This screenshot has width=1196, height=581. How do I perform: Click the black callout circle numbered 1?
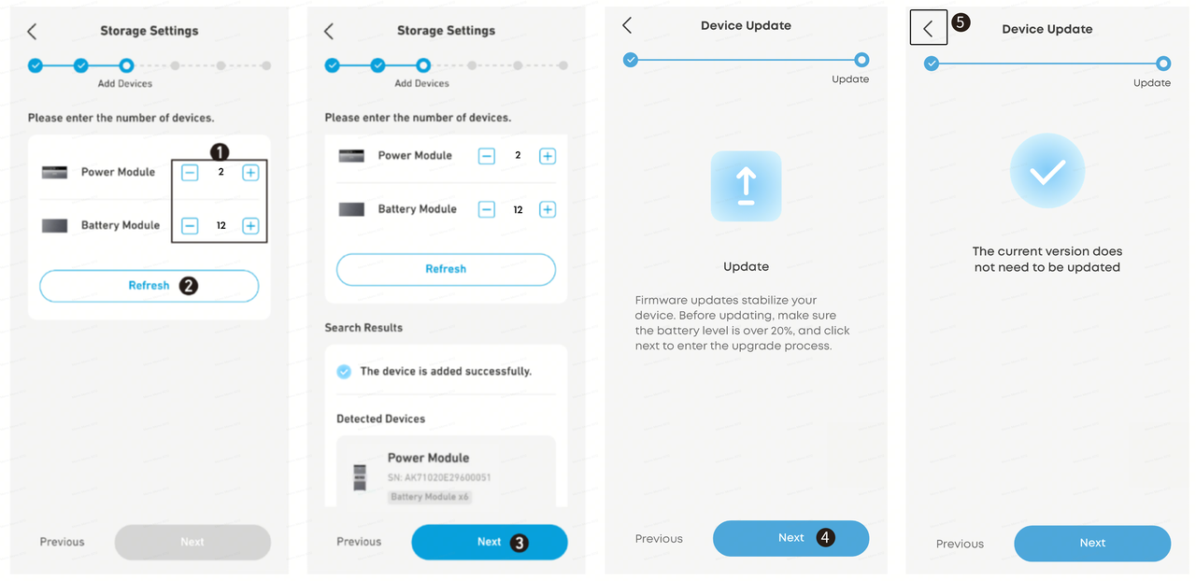[220, 152]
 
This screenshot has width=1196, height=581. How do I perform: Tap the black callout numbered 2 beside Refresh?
[188, 286]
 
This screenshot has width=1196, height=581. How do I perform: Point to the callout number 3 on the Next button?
[520, 543]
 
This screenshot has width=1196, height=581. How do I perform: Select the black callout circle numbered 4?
[825, 537]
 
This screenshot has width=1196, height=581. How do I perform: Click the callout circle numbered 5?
[961, 22]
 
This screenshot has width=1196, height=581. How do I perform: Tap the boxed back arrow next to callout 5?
[929, 28]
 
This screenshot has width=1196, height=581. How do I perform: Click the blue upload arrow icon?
[746, 186]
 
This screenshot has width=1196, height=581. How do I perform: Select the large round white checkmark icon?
[1047, 171]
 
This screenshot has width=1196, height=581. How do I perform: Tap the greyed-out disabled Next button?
[192, 542]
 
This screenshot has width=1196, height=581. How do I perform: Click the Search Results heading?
[363, 328]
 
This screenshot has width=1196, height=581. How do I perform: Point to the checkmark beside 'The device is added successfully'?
[344, 371]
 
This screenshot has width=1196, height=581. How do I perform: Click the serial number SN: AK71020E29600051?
[439, 477]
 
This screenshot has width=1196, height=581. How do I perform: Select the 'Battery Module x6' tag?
[429, 497]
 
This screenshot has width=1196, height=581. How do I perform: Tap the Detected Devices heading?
[380, 419]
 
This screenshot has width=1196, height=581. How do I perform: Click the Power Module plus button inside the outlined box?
[250, 173]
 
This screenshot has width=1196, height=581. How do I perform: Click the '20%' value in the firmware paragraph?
[782, 331]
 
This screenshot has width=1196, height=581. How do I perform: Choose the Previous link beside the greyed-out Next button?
[62, 542]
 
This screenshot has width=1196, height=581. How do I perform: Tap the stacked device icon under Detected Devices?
[360, 477]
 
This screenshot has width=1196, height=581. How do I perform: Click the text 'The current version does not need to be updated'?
[1047, 260]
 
